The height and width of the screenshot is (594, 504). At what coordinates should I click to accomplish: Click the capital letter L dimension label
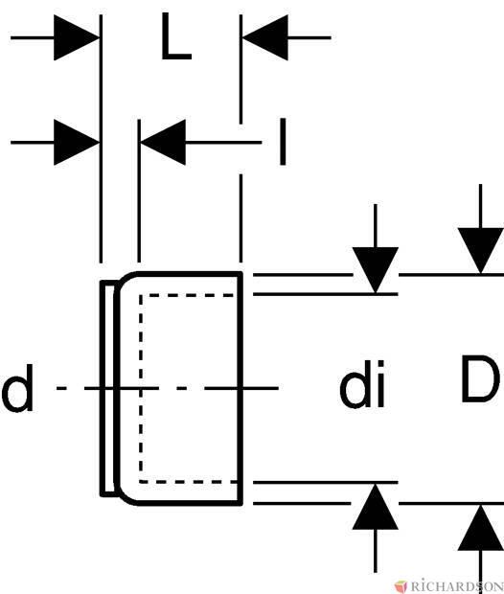point(176,36)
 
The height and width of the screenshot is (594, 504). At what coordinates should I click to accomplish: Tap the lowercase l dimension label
point(283,142)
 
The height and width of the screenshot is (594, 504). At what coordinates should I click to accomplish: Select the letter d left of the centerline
point(18,388)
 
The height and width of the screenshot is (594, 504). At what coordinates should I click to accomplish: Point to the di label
point(362,384)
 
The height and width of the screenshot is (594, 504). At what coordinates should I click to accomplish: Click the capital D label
point(479,378)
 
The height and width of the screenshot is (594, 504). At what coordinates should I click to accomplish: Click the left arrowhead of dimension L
point(77,37)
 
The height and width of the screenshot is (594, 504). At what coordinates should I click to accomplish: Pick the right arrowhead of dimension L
point(264,37)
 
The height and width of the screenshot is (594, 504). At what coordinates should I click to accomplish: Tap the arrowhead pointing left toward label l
point(163,143)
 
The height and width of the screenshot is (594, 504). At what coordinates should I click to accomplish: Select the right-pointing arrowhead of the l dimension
point(77,143)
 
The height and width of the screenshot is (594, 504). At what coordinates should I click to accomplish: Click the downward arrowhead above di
point(376,270)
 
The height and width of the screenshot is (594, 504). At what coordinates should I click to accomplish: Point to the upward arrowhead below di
point(376,507)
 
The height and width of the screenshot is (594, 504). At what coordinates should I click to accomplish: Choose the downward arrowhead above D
point(480,250)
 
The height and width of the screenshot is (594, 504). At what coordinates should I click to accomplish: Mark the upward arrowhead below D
point(480,528)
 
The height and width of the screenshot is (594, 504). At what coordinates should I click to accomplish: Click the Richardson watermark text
point(457,585)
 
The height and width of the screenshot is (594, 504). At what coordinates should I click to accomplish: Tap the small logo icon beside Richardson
point(401,585)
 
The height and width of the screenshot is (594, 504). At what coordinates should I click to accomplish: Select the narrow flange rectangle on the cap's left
point(107,388)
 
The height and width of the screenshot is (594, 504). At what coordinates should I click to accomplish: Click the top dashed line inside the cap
point(188,295)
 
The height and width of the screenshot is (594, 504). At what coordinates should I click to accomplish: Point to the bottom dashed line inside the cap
point(188,482)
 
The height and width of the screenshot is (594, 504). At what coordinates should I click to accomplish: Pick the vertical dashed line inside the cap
point(141,388)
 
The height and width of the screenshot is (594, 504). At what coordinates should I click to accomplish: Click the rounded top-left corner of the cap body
point(125,281)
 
